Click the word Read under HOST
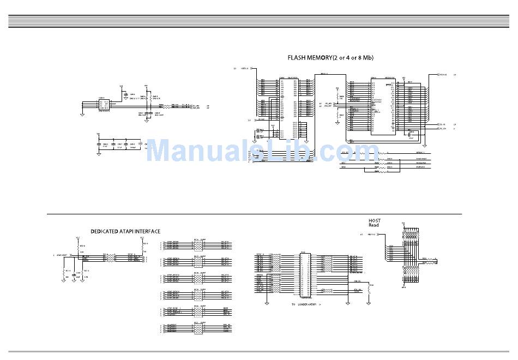tap(374, 225)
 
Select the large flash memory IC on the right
tap(383, 105)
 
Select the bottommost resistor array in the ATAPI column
tap(200, 329)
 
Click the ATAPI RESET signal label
tap(61, 255)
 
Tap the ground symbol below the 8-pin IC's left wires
tap(82, 115)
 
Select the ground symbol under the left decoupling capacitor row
tap(99, 154)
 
